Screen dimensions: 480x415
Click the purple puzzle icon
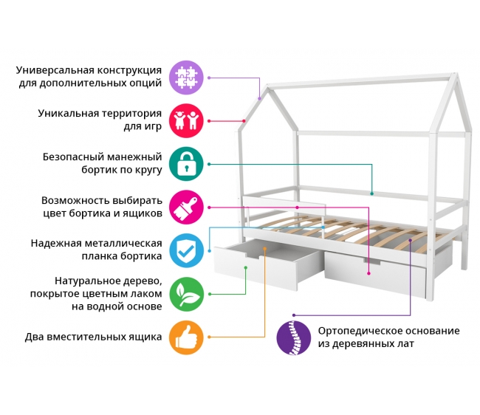tap(186, 78)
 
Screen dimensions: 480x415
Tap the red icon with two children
tap(186, 120)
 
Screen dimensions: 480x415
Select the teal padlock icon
tap(186, 164)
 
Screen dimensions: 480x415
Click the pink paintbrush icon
tap(186, 207)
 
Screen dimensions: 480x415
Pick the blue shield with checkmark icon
tap(186, 250)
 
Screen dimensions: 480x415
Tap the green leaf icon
tap(186, 294)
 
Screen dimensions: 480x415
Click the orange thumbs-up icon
tap(186, 337)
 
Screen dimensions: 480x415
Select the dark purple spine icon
tap(294, 337)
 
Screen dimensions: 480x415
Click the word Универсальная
tap(55, 70)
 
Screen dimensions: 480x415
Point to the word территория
tap(131, 114)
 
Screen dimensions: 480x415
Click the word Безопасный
tap(72, 157)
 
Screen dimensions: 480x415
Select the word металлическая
tap(123, 244)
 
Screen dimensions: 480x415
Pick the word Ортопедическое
tap(356, 331)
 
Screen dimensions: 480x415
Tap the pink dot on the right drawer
tap(368, 273)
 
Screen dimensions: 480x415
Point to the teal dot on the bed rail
tap(372, 193)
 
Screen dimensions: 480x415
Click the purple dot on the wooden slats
tap(410, 241)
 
